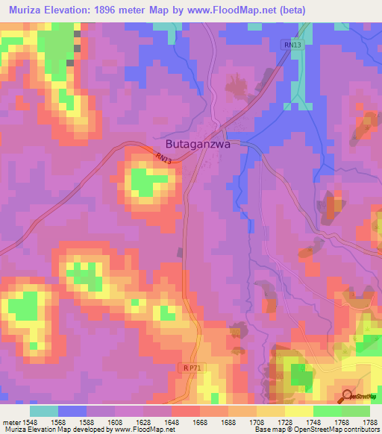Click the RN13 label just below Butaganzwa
tap(164, 159)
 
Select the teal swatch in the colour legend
tap(44, 411)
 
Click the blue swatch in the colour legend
tap(72, 411)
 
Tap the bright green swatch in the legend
tap(328, 411)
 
